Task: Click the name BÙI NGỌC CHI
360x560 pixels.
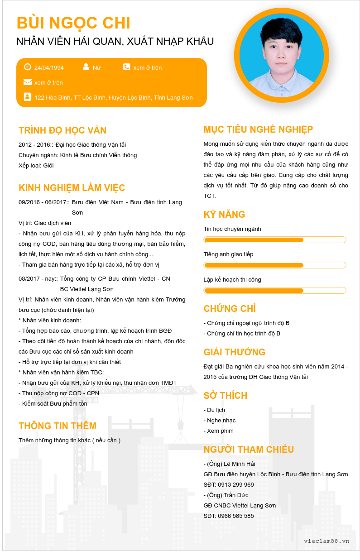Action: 73,23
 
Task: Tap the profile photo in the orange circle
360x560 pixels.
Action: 281,55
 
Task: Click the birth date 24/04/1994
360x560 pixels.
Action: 49,68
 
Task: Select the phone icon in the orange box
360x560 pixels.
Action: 126,67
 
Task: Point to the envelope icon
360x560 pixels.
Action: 28,82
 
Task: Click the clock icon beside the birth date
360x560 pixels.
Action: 28,67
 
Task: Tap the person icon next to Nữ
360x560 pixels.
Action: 86,67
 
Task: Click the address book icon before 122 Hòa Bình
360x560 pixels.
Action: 28,97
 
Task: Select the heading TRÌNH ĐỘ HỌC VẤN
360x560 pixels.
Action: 62,130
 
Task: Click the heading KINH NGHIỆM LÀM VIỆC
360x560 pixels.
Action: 72,188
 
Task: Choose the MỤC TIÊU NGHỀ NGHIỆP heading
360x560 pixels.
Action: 258,129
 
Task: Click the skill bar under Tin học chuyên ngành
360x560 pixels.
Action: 275,240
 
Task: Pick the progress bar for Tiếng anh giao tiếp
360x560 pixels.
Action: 275,265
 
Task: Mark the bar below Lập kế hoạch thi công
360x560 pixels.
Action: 275,291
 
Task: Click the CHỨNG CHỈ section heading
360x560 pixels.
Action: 230,309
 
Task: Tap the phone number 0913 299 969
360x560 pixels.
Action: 236,485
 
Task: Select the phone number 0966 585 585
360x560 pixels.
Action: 236,516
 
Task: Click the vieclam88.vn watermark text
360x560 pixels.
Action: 326,541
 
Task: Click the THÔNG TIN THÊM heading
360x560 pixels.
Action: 58,426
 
